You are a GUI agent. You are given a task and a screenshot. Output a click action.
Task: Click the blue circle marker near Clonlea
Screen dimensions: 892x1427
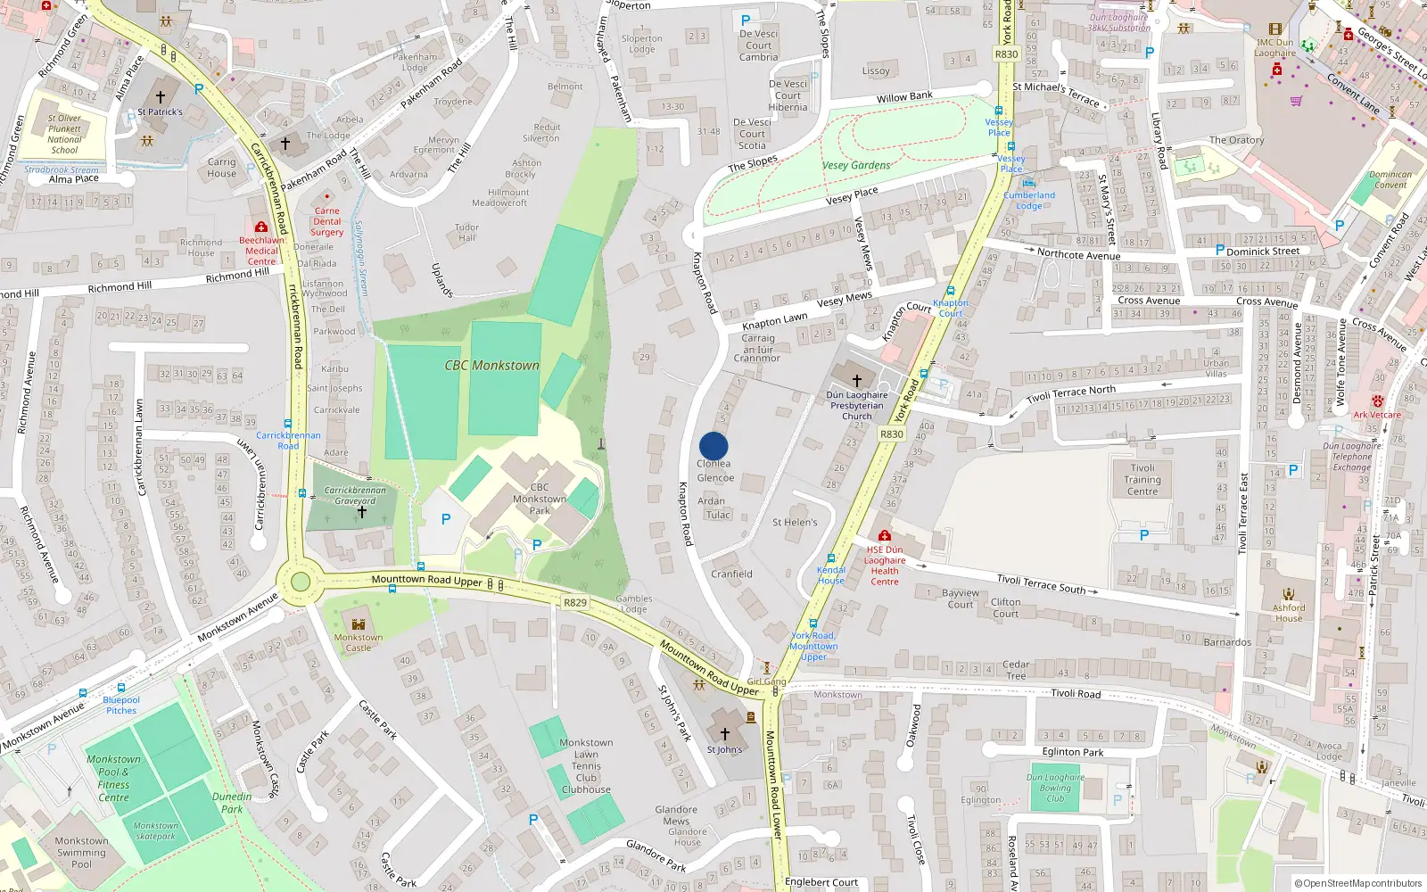pos(713,446)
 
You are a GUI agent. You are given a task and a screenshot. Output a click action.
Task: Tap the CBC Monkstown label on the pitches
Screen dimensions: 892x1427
pos(492,366)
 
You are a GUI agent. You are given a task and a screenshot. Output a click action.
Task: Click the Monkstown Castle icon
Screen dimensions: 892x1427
pos(359,624)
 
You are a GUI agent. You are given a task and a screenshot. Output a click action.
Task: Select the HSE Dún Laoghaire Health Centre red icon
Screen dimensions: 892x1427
pos(884,536)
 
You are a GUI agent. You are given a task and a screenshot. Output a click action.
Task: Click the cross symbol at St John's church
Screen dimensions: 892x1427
pos(725,734)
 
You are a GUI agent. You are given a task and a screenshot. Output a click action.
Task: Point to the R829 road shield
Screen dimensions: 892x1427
pos(575,603)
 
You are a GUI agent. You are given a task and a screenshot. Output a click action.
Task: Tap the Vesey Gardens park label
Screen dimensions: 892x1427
pos(856,165)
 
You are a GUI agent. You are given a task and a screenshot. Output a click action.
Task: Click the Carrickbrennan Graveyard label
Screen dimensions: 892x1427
pos(355,495)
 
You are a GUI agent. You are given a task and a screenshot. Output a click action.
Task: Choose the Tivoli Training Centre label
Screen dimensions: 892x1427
pos(1142,479)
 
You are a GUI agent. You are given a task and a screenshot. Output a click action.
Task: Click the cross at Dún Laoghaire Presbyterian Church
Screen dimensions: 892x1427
pos(857,380)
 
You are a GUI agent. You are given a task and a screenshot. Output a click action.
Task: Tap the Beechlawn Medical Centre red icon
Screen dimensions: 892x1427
pos(260,227)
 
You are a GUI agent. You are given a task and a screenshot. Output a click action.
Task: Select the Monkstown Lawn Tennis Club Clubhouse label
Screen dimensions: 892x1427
pos(586,765)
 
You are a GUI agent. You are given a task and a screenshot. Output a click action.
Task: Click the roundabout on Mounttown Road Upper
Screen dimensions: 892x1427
pos(301,582)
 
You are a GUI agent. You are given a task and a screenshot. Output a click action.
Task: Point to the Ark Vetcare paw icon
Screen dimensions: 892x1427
pos(1377,401)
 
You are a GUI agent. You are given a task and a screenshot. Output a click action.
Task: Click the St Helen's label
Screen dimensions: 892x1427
pos(795,523)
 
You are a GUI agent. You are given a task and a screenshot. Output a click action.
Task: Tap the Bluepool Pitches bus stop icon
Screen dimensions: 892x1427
pos(83,693)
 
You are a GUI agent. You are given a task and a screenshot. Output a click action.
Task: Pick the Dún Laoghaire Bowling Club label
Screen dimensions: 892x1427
pos(1055,788)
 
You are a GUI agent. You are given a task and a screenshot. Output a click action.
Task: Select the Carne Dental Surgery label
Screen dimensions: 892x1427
pos(327,221)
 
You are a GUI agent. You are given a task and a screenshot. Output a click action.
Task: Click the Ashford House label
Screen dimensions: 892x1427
pos(1289,613)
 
